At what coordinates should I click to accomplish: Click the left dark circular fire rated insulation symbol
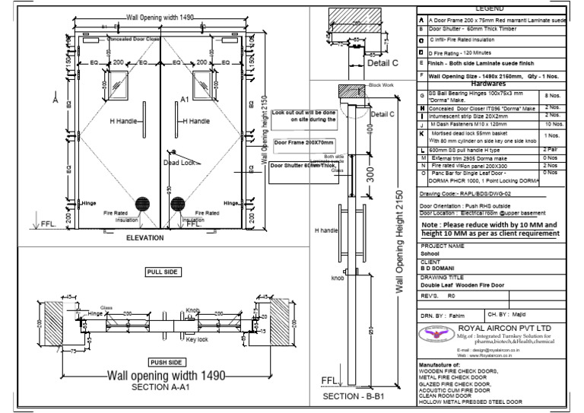coord(142,205)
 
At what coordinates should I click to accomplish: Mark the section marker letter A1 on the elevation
coord(185,99)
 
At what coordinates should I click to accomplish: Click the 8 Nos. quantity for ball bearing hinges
coord(551,96)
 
